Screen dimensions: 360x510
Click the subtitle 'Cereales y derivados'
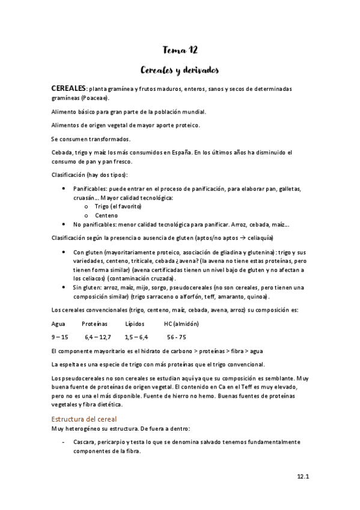pos(180,70)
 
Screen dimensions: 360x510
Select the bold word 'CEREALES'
pos(69,88)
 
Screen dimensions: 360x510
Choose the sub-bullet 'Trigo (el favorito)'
pos(118,206)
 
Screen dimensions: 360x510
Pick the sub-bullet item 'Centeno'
pos(106,215)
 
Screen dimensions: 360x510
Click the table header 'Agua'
pos(59,324)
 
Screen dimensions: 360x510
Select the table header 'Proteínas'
pos(95,324)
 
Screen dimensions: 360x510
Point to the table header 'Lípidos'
pos(135,324)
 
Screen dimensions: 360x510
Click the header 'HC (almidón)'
pos(182,324)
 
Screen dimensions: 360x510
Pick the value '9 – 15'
pos(61,337)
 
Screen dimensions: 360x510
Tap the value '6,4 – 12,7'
pos(98,337)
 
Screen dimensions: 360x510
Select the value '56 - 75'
pos(177,337)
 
